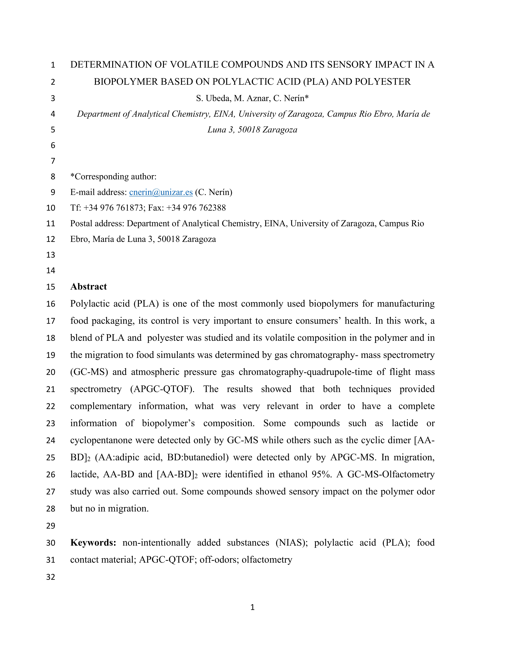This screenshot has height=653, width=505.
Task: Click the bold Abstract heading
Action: (89, 286)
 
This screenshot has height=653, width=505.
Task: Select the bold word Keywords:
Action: (93, 542)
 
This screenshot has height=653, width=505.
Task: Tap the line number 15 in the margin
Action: (50, 287)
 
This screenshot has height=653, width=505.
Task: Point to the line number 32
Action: (50, 577)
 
